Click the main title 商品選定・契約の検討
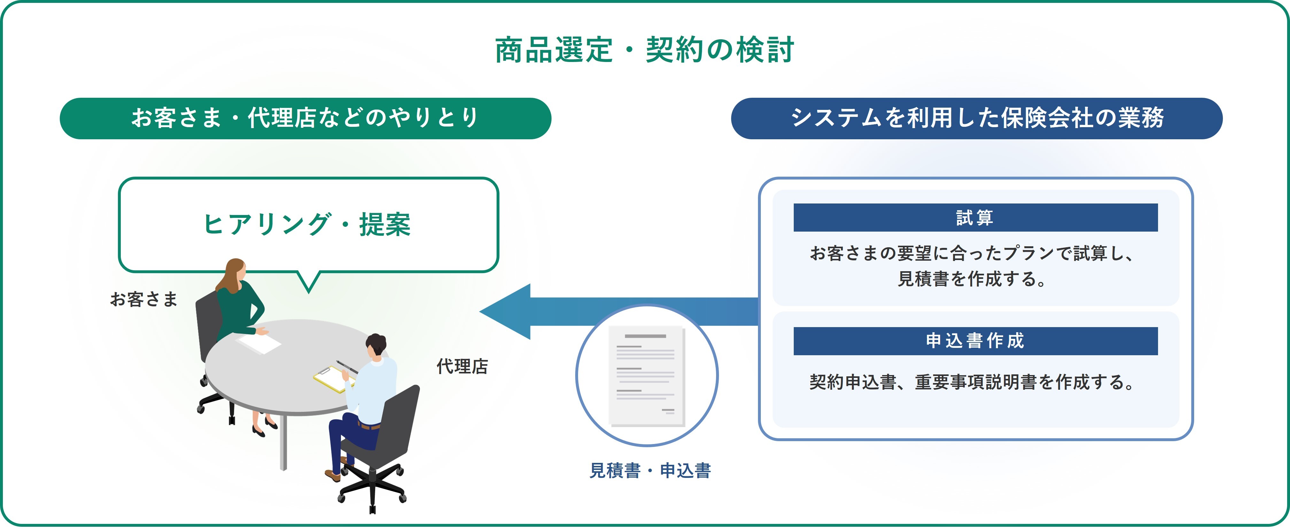645,50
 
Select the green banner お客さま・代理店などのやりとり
305,118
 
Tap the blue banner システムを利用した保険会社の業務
977,118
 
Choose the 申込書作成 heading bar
976,341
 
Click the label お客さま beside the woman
144,299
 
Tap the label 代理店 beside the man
462,366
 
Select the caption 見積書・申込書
650,471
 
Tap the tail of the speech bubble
309,282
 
